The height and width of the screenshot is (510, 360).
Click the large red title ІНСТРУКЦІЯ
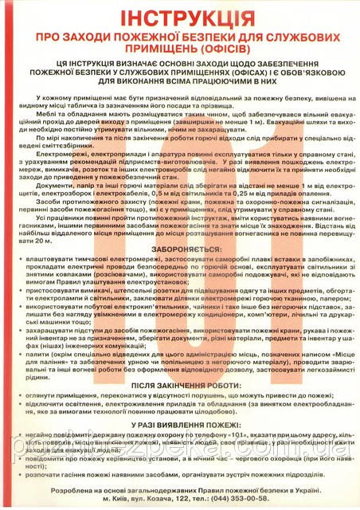point(180,17)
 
